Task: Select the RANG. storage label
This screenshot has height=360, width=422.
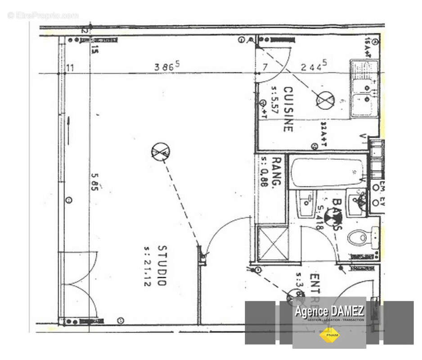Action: [x=277, y=171]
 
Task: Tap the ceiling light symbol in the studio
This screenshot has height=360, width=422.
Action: [x=160, y=152]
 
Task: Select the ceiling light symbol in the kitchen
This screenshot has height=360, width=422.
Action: [x=325, y=100]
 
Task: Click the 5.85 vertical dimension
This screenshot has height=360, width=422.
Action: [x=94, y=181]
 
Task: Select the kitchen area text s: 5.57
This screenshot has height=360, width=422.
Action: [x=274, y=100]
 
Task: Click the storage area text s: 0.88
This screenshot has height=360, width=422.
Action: [x=264, y=171]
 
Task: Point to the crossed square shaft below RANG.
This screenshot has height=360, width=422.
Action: [x=273, y=243]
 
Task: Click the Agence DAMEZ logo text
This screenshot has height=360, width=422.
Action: [x=329, y=311]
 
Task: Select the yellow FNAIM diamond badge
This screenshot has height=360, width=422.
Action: [x=329, y=335]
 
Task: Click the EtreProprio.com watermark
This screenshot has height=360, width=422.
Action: [x=43, y=16]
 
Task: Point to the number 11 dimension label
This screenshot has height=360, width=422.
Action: [x=70, y=68]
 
